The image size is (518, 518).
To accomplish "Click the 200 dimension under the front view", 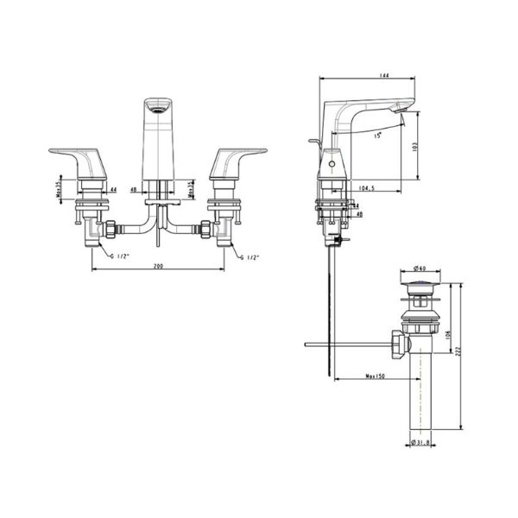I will (x=159, y=266).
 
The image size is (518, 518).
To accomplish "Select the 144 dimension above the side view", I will (x=361, y=77).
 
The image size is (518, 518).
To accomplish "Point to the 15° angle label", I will (x=376, y=136).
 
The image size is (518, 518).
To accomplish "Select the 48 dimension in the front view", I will (x=134, y=188).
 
